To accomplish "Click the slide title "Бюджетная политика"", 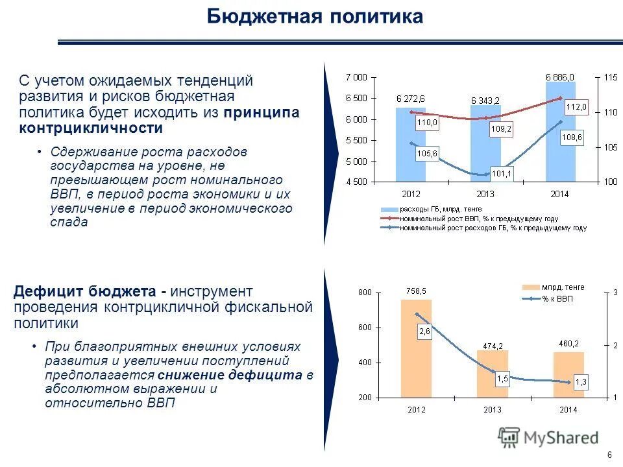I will tap(315, 17).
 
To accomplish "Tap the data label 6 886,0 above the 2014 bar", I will tap(559, 77).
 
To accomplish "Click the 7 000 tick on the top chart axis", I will tap(356, 77).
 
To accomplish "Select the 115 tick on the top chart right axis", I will tap(610, 77).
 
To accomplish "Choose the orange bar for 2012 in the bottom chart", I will tap(416, 350).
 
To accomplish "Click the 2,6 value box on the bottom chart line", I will tap(424, 331).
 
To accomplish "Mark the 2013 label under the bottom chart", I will tap(492, 409).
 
